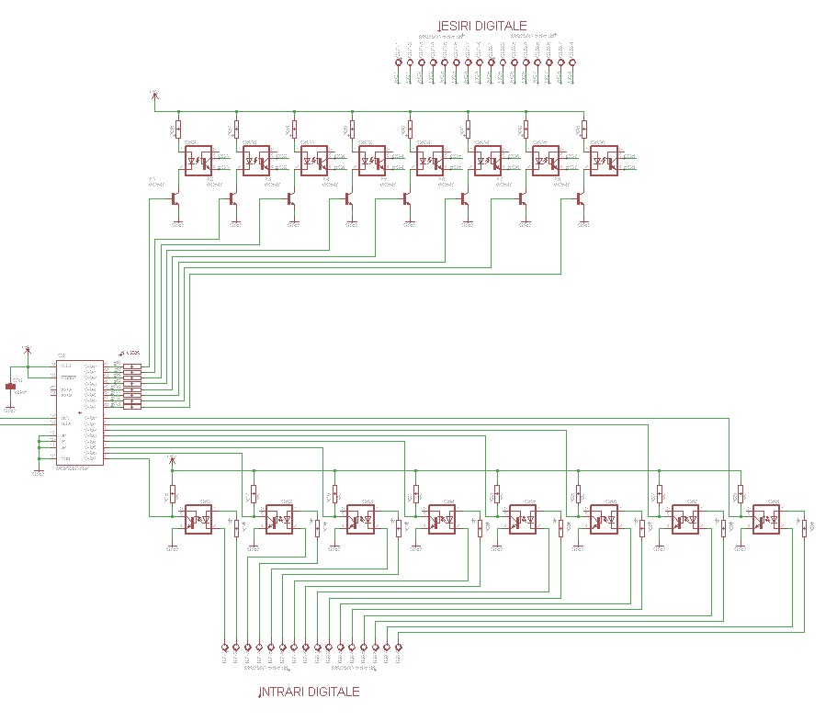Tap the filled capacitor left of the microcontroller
(11, 387)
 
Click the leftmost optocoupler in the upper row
(198, 162)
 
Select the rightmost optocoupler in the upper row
(603, 162)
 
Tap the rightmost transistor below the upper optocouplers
(580, 197)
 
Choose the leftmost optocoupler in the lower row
(198, 519)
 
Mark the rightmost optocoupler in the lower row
(765, 519)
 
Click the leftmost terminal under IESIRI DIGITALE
(398, 63)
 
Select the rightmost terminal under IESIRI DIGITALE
(571, 63)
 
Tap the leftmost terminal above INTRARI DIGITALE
(224, 647)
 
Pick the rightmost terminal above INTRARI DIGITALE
(399, 647)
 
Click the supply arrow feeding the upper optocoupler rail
(154, 96)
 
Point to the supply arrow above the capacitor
(28, 350)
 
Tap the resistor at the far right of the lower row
(804, 527)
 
